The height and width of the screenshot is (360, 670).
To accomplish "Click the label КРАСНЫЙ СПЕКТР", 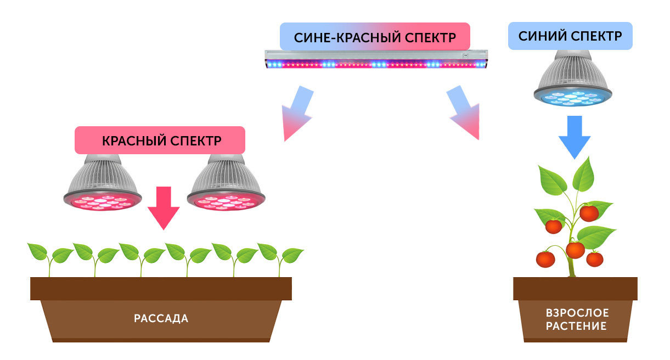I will [x=160, y=140].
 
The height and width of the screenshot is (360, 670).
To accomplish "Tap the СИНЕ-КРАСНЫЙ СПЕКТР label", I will [x=375, y=37].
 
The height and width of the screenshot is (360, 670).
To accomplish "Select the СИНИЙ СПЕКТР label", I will [x=570, y=36].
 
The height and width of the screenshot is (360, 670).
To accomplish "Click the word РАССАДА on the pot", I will [x=161, y=318].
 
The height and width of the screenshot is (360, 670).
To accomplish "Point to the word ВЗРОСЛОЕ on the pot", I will [x=577, y=313].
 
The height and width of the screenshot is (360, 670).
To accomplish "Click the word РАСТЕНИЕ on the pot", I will [x=577, y=326].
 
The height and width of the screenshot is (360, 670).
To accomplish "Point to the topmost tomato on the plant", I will [x=589, y=213].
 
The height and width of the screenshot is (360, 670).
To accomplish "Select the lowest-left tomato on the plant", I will [x=545, y=258].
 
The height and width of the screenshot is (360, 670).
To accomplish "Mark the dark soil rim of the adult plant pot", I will [x=575, y=289].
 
